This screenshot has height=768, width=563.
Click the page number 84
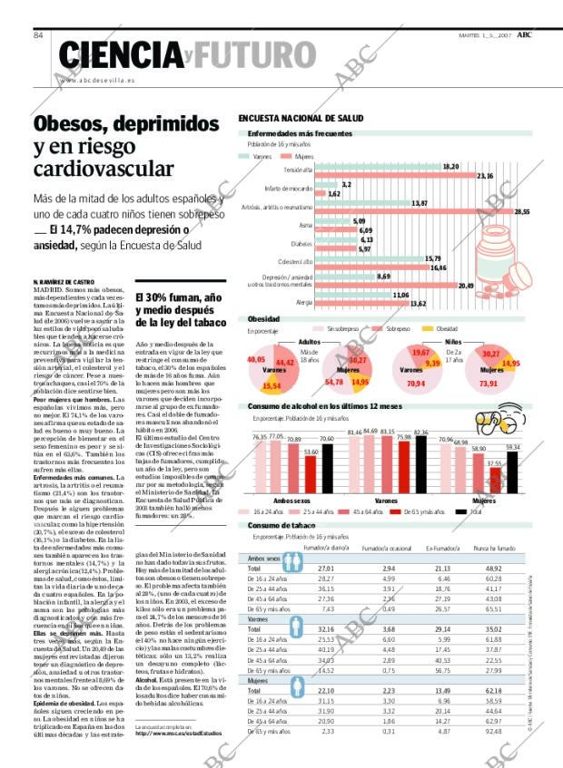(39, 35)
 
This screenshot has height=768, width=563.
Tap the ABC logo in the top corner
(525, 34)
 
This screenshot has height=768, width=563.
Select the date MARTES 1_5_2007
(484, 35)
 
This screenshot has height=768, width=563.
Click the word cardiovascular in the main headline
(103, 169)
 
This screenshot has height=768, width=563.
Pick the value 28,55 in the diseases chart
(521, 212)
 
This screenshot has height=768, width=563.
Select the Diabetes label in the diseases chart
(301, 244)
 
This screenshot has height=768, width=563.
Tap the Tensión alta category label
(297, 170)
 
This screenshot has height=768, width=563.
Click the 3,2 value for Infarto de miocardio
(346, 184)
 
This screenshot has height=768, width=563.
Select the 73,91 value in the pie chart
(489, 384)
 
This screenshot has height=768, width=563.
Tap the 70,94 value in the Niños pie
(417, 384)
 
